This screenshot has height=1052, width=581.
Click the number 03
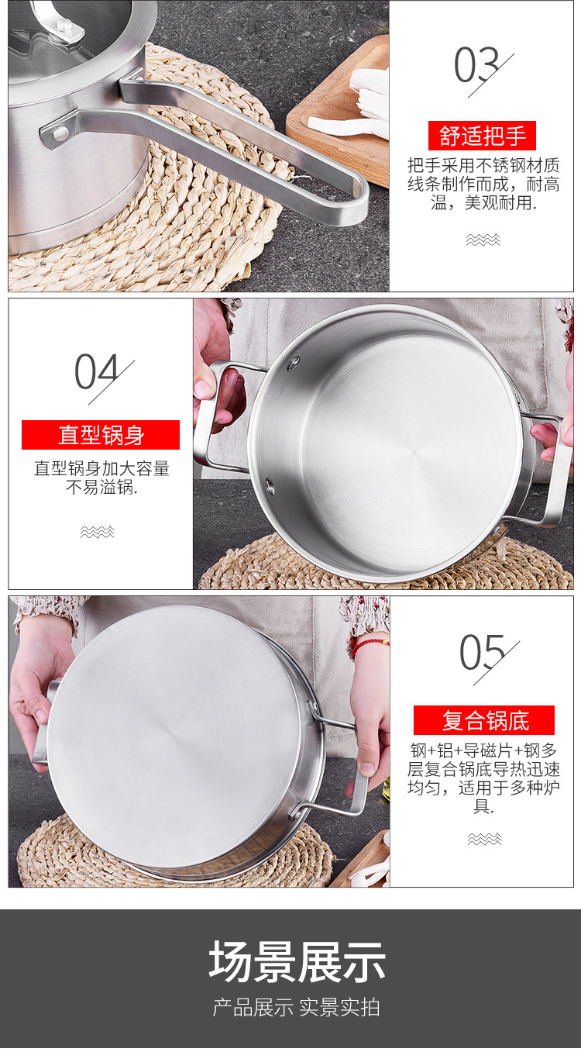(476, 66)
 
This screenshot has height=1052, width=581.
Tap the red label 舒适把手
(483, 136)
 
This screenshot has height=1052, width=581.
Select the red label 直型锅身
(101, 435)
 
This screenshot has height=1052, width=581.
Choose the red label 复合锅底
(484, 720)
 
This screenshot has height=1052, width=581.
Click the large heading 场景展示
(297, 962)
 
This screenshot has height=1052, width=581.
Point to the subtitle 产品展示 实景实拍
(297, 1007)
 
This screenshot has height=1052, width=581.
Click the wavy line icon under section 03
(483, 240)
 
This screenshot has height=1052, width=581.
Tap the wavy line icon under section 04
(98, 532)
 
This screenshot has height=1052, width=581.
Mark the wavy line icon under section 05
(484, 839)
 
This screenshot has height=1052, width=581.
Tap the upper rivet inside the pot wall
(294, 363)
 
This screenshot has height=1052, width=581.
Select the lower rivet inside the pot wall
(270, 487)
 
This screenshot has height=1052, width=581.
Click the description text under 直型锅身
(101, 478)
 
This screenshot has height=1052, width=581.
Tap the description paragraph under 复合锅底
(484, 778)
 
